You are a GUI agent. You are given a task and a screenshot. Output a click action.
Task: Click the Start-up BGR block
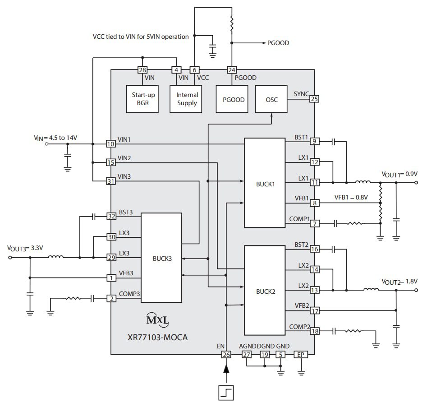point(143,99)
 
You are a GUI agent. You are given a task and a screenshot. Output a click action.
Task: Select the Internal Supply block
point(187,99)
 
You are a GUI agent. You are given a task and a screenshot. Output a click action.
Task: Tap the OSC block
point(272,99)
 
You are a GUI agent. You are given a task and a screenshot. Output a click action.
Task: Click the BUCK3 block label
point(162,259)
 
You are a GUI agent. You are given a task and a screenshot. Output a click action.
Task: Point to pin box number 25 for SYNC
point(314,99)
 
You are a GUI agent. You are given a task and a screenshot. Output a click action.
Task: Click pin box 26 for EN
point(226,355)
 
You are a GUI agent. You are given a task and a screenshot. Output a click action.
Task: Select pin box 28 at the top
point(142,70)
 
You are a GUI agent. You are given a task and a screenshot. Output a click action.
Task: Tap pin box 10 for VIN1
point(110,144)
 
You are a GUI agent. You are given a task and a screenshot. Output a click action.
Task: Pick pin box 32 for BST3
point(111,216)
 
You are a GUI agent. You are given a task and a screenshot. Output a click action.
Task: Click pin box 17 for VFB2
point(314,310)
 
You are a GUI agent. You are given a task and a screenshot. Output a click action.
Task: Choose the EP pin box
point(301,355)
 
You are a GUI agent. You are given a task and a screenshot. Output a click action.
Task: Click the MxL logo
point(158,320)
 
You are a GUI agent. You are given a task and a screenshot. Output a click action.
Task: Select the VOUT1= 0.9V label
point(399,174)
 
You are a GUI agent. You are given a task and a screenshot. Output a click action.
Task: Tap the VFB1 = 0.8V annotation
point(351,197)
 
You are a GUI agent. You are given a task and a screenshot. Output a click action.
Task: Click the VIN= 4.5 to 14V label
point(55,138)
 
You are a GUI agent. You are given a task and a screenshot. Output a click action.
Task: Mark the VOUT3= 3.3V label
point(27,248)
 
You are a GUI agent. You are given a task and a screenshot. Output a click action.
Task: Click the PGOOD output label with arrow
point(278,43)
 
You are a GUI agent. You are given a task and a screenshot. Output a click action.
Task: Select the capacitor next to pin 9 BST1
point(334,142)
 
